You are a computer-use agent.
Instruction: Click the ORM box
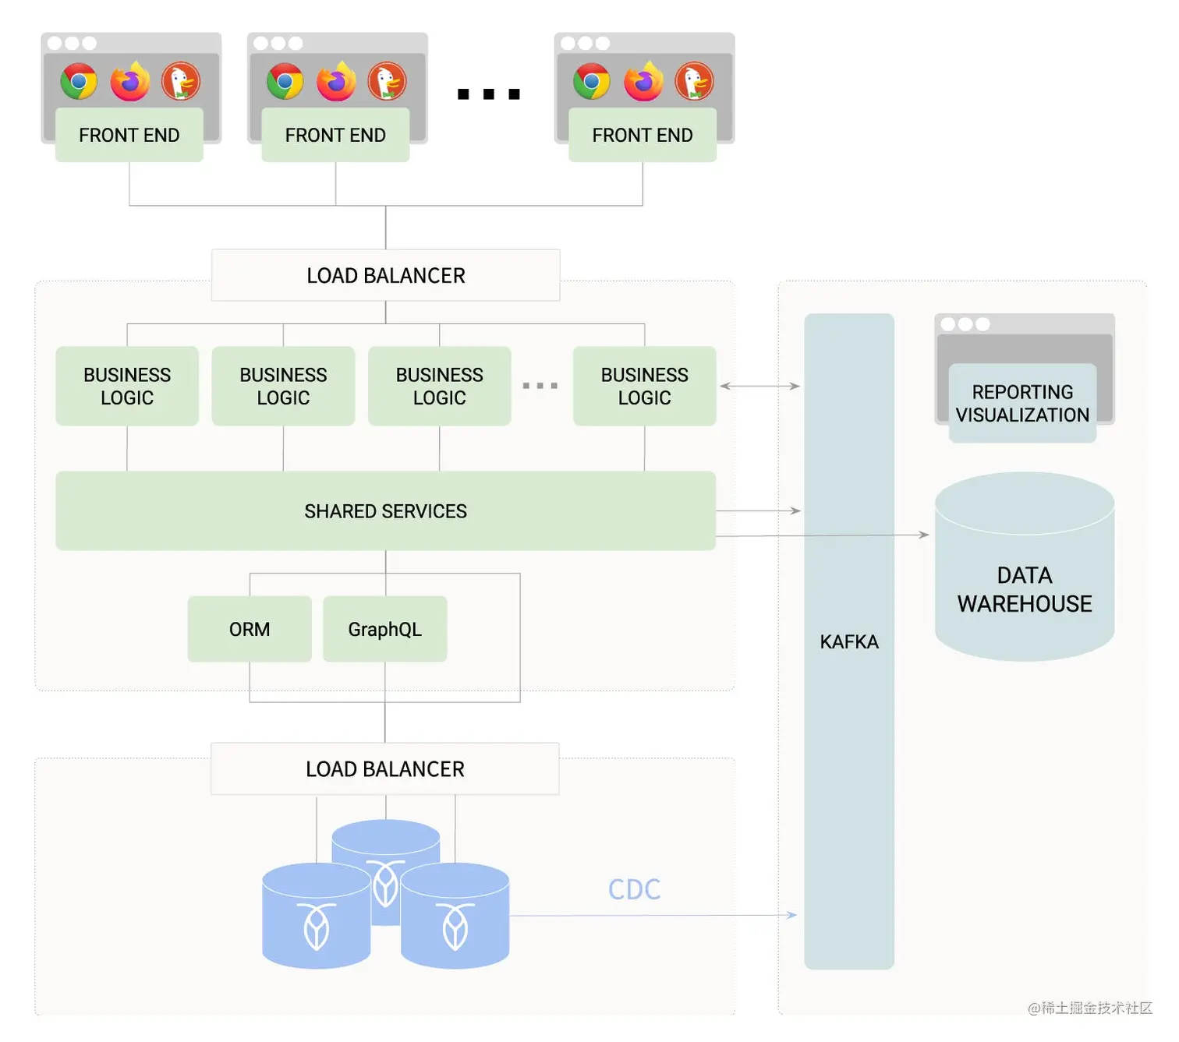(x=250, y=629)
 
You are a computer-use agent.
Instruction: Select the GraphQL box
(x=384, y=629)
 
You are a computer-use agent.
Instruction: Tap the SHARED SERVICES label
(x=385, y=511)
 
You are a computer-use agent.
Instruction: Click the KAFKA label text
(x=849, y=641)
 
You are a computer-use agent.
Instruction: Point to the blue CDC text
(x=634, y=889)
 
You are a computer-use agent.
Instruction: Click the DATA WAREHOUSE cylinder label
(x=1024, y=589)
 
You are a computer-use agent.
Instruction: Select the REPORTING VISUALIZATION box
(x=1022, y=403)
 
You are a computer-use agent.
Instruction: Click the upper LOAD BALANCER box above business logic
(x=385, y=275)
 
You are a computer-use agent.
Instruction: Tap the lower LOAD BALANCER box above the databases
(x=384, y=768)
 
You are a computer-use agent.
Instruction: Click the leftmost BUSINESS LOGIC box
(x=127, y=386)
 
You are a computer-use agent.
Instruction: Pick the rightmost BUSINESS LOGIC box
(x=644, y=386)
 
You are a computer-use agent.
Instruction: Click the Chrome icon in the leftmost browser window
(x=79, y=81)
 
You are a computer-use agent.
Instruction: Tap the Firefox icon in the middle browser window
(x=336, y=81)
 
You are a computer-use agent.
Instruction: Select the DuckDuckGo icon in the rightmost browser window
(x=694, y=81)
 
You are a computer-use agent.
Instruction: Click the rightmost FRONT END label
(x=642, y=135)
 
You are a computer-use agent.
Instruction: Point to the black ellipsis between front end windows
(x=488, y=94)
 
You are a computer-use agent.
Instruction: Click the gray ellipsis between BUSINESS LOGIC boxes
(x=540, y=386)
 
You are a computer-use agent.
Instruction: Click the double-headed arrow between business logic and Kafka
(x=759, y=386)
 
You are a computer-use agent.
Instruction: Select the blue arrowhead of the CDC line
(x=791, y=915)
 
